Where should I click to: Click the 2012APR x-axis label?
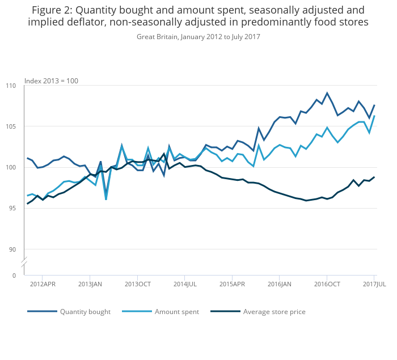[43, 284]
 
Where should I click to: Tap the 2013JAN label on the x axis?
[90, 284]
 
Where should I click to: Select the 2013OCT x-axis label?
[137, 284]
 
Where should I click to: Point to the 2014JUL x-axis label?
[185, 284]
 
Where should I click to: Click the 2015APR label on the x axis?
[232, 284]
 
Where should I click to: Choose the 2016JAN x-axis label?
[279, 284]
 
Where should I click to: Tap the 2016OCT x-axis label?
[327, 284]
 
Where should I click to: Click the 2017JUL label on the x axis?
[374, 284]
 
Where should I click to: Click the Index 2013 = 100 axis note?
[51, 81]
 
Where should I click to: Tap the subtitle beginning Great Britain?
[198, 37]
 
